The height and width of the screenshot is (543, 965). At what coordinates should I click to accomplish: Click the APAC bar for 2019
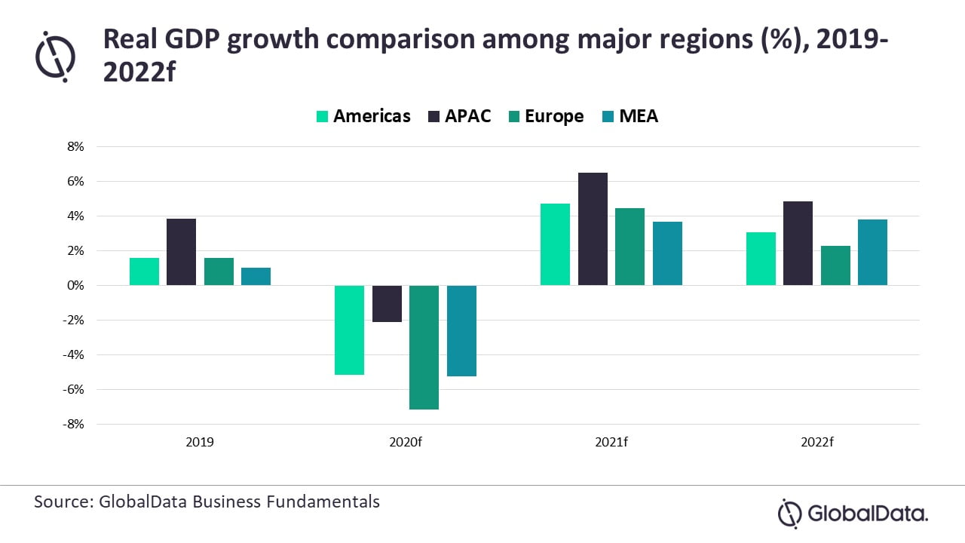181,252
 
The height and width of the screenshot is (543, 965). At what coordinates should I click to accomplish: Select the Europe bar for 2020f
424,347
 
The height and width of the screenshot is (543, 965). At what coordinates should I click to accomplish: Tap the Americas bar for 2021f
555,244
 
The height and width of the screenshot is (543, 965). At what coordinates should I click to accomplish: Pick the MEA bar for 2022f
872,252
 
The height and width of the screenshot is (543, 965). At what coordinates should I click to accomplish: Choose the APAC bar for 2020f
387,303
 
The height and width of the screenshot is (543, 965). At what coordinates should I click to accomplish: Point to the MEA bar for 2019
256,276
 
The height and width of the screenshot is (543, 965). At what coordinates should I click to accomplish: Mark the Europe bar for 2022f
835,265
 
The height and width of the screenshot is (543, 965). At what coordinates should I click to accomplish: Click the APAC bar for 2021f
593,229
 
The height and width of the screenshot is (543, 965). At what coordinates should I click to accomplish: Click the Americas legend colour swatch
322,117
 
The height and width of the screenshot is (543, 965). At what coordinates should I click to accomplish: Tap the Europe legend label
554,116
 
